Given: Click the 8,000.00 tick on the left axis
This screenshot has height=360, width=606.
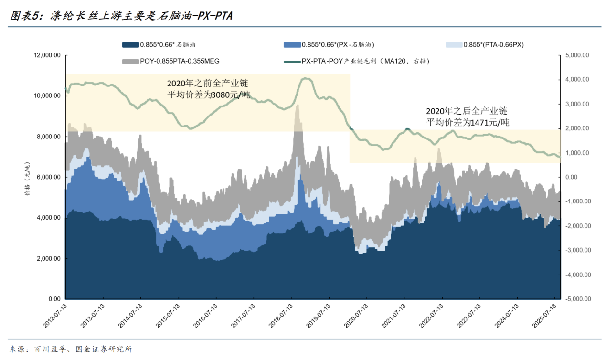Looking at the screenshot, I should (x=49, y=137).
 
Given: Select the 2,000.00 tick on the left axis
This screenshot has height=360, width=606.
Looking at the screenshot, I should (x=49, y=259).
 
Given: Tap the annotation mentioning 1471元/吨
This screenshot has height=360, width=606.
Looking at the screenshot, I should (x=468, y=117).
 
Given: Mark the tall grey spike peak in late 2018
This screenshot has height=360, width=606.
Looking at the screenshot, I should (x=297, y=106).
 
